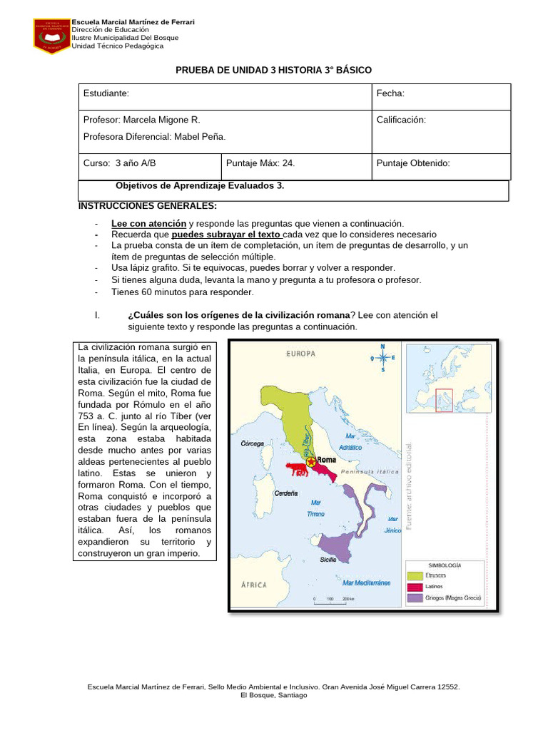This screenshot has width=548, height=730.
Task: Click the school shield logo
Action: point(51,36)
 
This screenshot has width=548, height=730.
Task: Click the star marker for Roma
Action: point(311,463)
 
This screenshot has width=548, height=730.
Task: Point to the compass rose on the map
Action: point(382,359)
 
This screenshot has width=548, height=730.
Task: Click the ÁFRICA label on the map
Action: point(249,585)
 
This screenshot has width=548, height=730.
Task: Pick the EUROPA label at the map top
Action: point(302,354)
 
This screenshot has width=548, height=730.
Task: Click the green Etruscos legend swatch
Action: point(415,573)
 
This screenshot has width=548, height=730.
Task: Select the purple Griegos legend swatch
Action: point(415,597)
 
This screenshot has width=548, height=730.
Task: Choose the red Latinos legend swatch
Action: point(415,585)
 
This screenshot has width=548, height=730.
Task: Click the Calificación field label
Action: point(400,120)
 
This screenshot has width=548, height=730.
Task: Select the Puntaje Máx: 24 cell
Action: point(260,163)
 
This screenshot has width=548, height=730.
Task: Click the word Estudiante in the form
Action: point(106,93)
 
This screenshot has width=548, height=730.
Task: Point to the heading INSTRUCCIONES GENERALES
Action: point(147,206)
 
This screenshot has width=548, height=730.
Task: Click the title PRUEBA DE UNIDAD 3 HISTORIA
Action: point(273,69)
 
